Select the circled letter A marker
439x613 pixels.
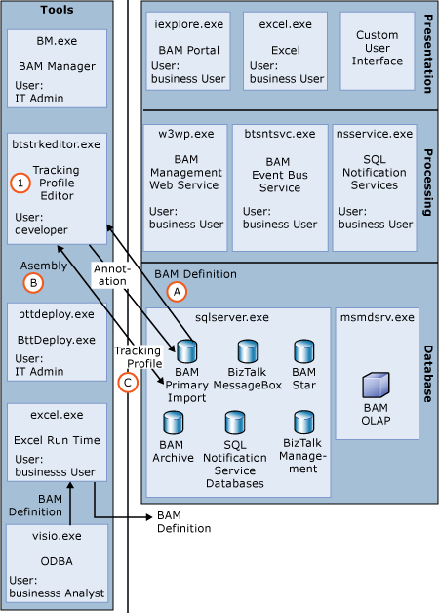point(177,291)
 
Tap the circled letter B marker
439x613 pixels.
point(32,283)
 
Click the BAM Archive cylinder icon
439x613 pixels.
point(174,423)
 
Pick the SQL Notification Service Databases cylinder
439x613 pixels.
point(235,423)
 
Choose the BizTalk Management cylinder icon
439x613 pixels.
point(302,423)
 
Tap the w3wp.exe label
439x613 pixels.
point(171,134)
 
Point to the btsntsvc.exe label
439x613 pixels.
point(273,134)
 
